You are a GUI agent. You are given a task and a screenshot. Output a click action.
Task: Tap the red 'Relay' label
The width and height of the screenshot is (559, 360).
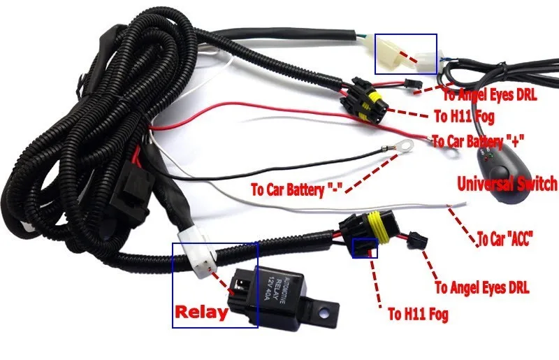pyautogui.click(x=202, y=312)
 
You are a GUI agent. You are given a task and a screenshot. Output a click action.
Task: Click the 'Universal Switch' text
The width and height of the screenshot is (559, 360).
pyautogui.click(x=507, y=185)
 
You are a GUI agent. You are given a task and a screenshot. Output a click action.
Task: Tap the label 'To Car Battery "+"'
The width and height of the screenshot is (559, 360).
pyautogui.click(x=483, y=141)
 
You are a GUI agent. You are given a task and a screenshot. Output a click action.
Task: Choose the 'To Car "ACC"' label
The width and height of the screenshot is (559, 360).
pyautogui.click(x=505, y=239)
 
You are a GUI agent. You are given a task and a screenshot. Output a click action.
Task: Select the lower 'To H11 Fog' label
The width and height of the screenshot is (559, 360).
pyautogui.click(x=418, y=314)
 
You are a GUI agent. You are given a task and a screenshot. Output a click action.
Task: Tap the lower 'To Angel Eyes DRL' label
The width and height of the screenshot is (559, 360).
pyautogui.click(x=482, y=287)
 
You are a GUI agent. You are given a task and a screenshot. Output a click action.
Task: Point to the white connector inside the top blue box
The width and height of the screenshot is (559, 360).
pyautogui.click(x=395, y=54)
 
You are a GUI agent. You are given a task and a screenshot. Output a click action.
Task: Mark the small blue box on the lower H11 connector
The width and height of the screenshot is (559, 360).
pyautogui.click(x=365, y=247)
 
